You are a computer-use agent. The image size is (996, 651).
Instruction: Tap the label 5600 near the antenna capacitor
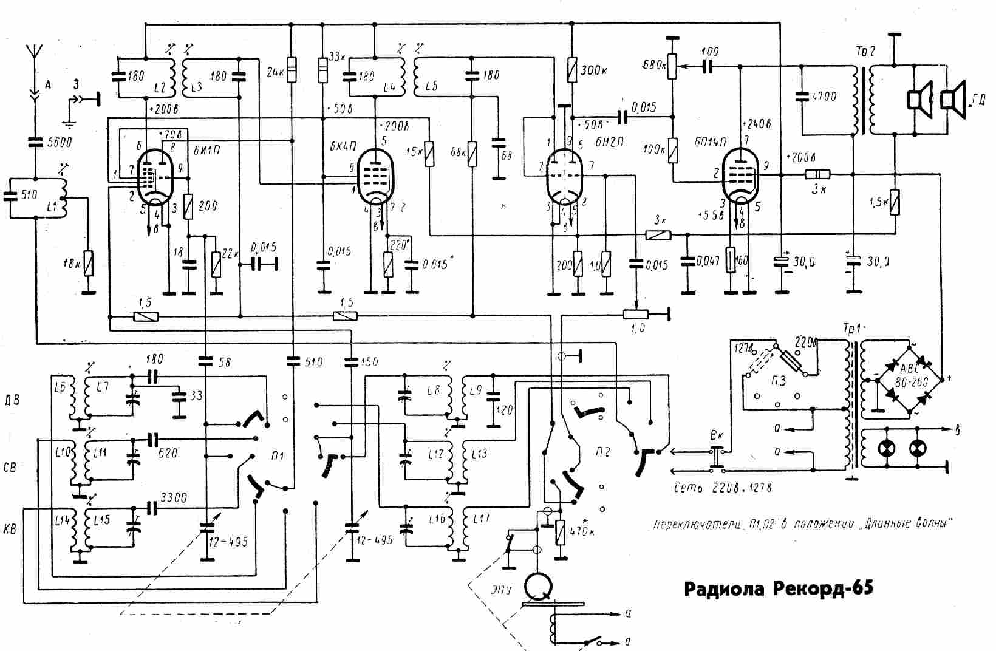point(59,142)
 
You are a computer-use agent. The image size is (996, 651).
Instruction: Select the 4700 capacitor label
point(824,97)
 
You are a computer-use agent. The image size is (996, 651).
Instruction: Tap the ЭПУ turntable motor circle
point(539,585)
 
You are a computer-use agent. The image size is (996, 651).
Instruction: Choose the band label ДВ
point(12,400)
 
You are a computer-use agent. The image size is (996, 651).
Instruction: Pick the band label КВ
point(10,528)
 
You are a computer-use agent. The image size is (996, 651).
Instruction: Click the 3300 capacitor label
point(174,497)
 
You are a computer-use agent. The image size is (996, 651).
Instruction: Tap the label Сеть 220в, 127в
point(723,488)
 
